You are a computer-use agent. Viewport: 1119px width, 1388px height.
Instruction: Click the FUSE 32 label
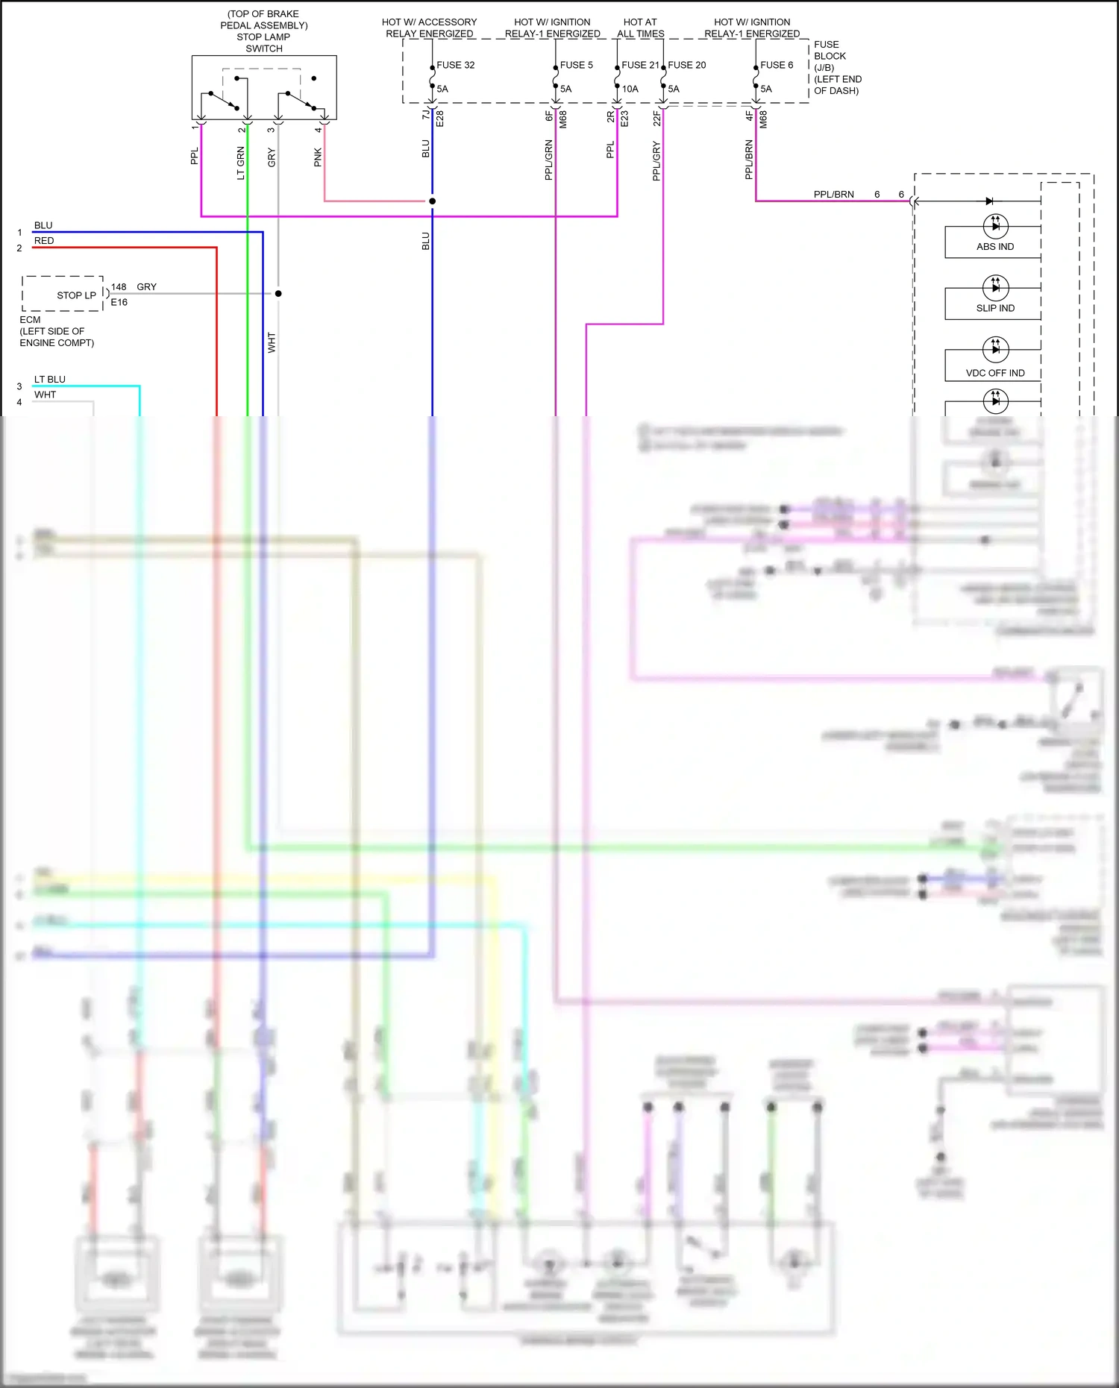[455, 65]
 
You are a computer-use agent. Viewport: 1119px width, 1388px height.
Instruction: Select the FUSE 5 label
[576, 65]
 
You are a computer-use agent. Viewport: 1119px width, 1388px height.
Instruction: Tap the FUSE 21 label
[640, 65]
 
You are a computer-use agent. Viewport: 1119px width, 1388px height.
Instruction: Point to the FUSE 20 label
[686, 65]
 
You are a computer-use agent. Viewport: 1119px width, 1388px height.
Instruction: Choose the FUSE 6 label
[777, 65]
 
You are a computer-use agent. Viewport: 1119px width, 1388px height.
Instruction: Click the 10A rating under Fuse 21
[630, 89]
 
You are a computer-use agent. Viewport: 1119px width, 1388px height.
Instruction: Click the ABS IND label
[995, 247]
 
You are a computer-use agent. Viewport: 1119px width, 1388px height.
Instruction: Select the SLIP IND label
[995, 308]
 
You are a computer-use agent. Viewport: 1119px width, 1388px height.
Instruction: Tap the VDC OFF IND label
[995, 373]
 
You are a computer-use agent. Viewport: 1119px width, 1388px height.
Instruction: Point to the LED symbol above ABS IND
[996, 225]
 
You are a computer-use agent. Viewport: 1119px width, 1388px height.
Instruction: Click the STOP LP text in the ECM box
[76, 295]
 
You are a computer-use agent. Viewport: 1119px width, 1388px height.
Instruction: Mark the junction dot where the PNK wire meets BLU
[432, 201]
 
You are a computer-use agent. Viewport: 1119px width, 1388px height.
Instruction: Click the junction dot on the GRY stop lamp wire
[278, 293]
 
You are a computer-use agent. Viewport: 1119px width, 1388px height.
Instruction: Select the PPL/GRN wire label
[549, 160]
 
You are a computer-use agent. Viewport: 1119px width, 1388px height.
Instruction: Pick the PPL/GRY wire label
[656, 161]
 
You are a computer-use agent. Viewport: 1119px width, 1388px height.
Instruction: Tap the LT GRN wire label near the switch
[241, 163]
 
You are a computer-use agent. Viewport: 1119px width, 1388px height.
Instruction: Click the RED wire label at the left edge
[44, 241]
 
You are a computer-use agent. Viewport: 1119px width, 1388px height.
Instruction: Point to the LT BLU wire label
[50, 380]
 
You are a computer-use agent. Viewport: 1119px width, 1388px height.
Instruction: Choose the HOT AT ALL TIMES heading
[640, 28]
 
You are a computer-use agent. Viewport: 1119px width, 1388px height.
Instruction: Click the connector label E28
[440, 119]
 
